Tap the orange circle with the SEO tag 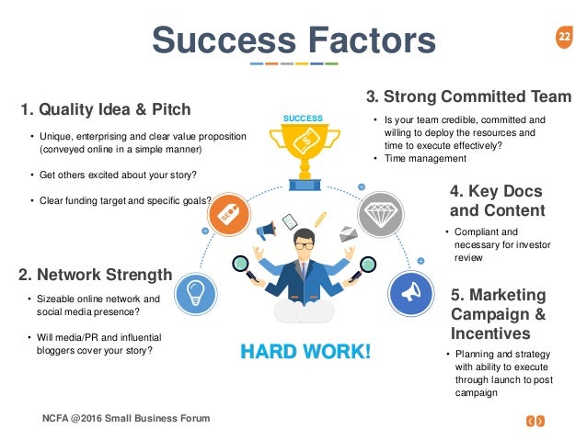pyautogui.click(x=229, y=215)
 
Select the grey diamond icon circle pyautogui.click(x=381, y=215)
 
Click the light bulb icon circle pyautogui.click(x=195, y=294)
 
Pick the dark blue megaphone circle pyautogui.click(x=411, y=293)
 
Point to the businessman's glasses pyautogui.click(x=305, y=245)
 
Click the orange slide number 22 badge pyautogui.click(x=564, y=37)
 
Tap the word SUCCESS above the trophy pyautogui.click(x=303, y=118)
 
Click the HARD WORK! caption pyautogui.click(x=305, y=352)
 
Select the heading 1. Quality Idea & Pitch pyautogui.click(x=106, y=109)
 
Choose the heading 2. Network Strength pyautogui.click(x=95, y=275)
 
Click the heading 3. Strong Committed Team pyautogui.click(x=468, y=96)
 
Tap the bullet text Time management pyautogui.click(x=425, y=159)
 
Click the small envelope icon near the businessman pyautogui.click(x=348, y=234)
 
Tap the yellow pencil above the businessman pyautogui.click(x=320, y=220)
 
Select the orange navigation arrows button pyautogui.click(x=535, y=422)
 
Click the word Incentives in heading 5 pyautogui.click(x=490, y=333)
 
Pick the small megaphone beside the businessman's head pyautogui.click(x=266, y=231)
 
